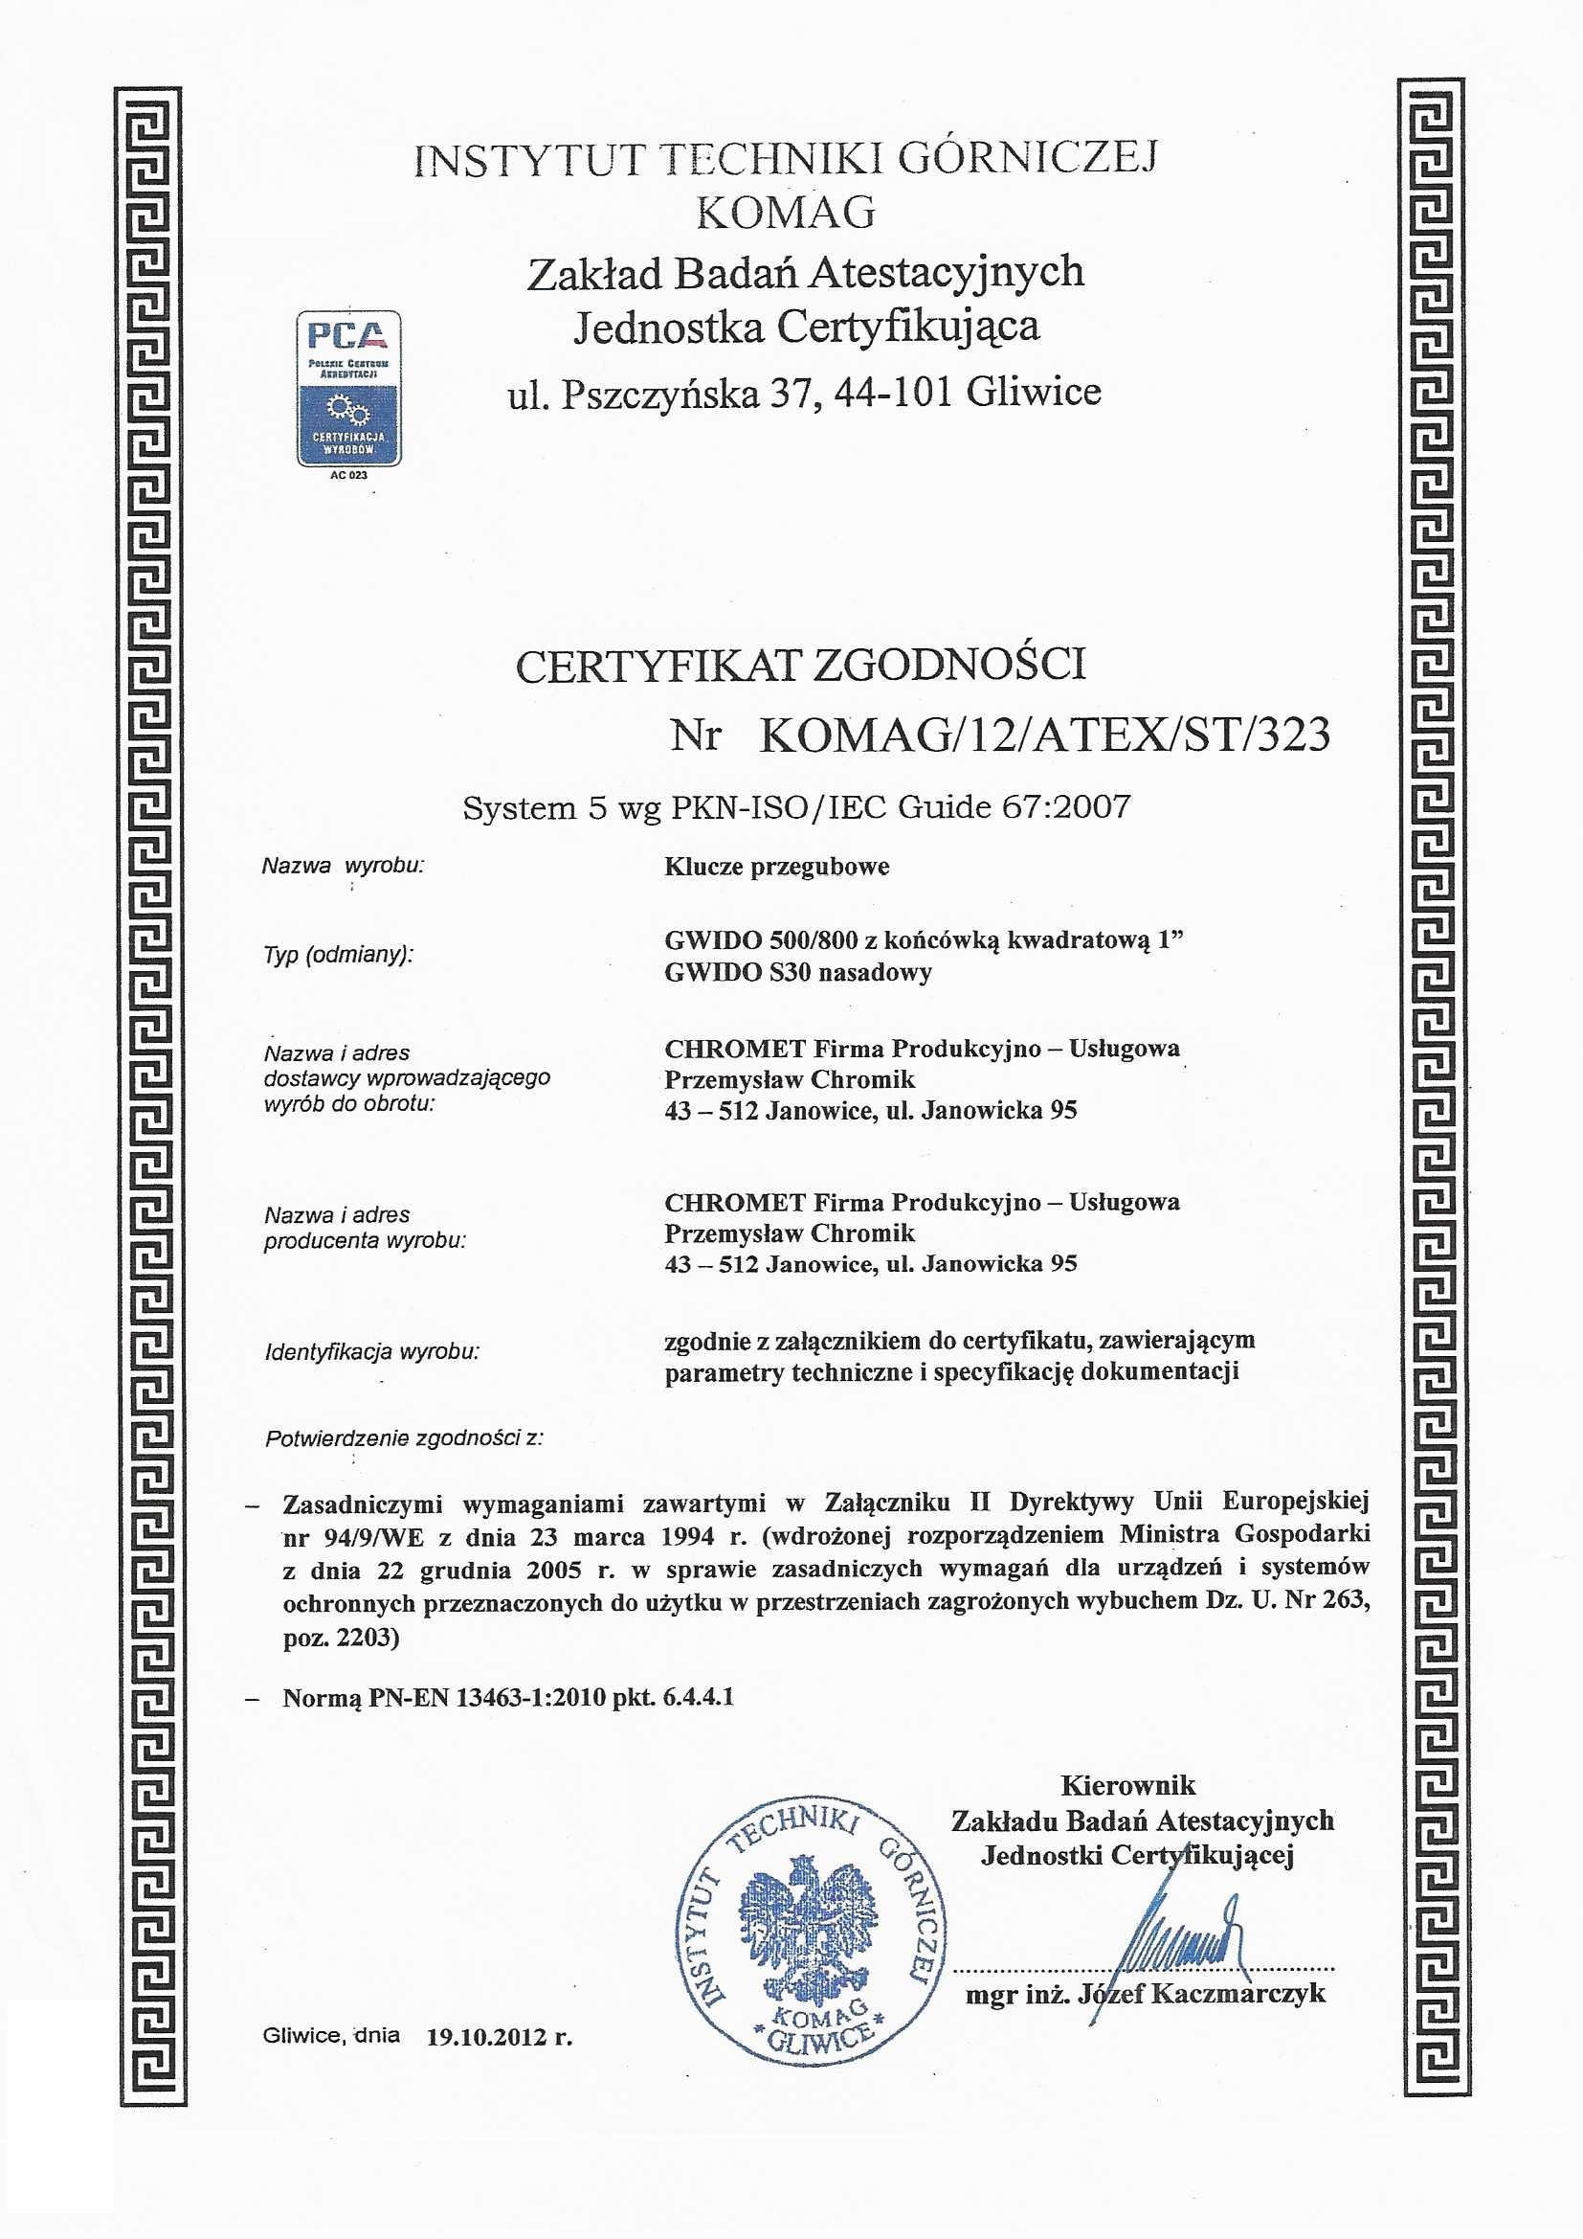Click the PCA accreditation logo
tap(348, 388)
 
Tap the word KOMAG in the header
tap(786, 213)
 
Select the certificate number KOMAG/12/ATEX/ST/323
tap(1044, 735)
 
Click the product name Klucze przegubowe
tap(777, 867)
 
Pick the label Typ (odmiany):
tap(338, 955)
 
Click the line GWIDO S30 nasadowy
tap(797, 972)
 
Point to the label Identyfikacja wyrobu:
tap(371, 1352)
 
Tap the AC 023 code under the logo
tap(349, 476)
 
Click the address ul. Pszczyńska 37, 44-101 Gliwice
tap(804, 392)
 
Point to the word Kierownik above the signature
tap(1126, 1785)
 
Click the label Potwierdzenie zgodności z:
tap(404, 1438)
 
